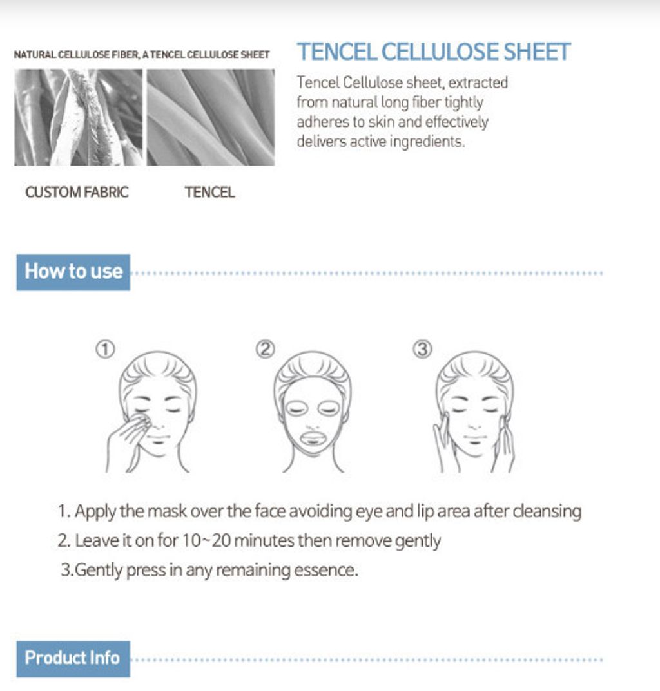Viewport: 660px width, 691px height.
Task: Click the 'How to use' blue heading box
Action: pos(73,272)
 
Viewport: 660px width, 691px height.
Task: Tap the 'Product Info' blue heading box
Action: pos(73,658)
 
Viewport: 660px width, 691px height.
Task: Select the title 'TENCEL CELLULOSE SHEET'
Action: pos(434,52)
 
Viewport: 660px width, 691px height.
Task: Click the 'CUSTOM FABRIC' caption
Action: pos(77,192)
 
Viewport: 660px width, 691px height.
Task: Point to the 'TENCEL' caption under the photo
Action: pos(209,192)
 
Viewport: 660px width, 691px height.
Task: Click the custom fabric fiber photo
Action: pos(78,117)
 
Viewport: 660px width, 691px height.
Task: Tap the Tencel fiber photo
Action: pos(211,117)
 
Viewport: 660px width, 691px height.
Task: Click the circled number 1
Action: pos(105,349)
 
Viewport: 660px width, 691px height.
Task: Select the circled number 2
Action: pos(265,349)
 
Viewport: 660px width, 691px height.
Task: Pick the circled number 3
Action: pos(422,349)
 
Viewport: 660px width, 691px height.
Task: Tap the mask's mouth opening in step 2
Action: pos(313,438)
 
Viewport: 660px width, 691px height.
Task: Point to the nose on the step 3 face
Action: pos(475,426)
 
